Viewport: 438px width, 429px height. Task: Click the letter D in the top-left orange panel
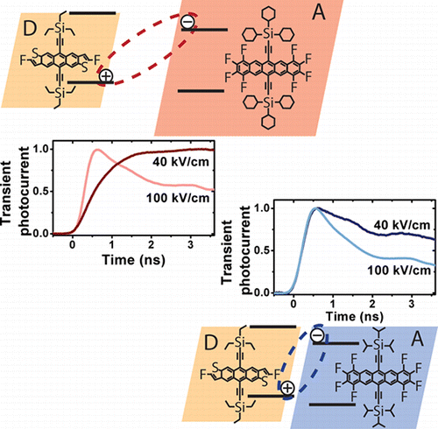click(x=30, y=28)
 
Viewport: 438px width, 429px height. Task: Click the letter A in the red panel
click(x=319, y=12)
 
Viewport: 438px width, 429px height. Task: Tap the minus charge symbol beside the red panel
click(x=187, y=22)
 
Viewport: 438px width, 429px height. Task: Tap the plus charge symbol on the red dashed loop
click(x=106, y=76)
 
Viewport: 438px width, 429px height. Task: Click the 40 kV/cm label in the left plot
click(x=181, y=161)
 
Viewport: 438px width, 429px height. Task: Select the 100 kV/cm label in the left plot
click(x=178, y=198)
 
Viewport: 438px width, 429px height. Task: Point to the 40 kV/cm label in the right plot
click(x=402, y=225)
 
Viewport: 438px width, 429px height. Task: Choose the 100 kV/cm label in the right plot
click(x=399, y=271)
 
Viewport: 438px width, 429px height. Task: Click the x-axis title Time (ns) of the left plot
click(x=134, y=259)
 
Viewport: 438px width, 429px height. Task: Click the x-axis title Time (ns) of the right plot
click(x=354, y=316)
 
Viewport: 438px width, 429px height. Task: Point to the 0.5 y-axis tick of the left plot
click(x=41, y=192)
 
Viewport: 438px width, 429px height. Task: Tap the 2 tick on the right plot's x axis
click(x=372, y=304)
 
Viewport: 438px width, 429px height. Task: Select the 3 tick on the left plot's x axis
click(x=190, y=244)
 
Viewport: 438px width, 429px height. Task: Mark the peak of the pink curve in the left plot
click(x=97, y=150)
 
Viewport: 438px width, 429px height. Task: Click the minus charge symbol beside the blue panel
click(x=317, y=335)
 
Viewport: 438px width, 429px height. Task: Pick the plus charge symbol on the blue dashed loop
click(x=287, y=388)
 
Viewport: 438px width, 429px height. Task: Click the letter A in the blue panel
click(x=417, y=339)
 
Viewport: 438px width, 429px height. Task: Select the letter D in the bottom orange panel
click(x=211, y=342)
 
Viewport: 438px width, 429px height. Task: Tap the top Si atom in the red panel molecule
click(x=268, y=34)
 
